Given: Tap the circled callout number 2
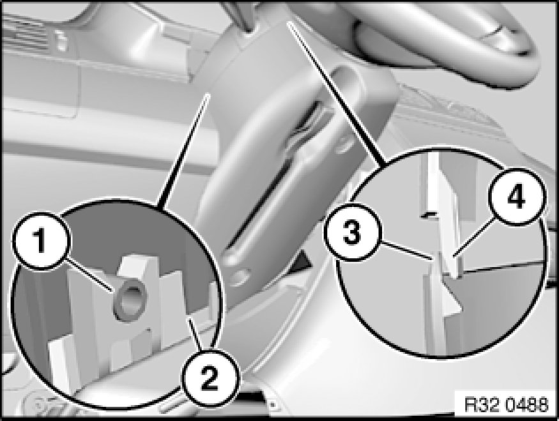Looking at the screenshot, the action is [210, 378].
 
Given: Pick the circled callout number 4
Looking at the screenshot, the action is [517, 197].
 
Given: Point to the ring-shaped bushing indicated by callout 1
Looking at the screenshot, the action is [130, 300].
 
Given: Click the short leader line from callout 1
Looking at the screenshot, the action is [91, 275].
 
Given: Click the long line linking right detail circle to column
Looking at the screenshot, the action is [337, 94].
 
